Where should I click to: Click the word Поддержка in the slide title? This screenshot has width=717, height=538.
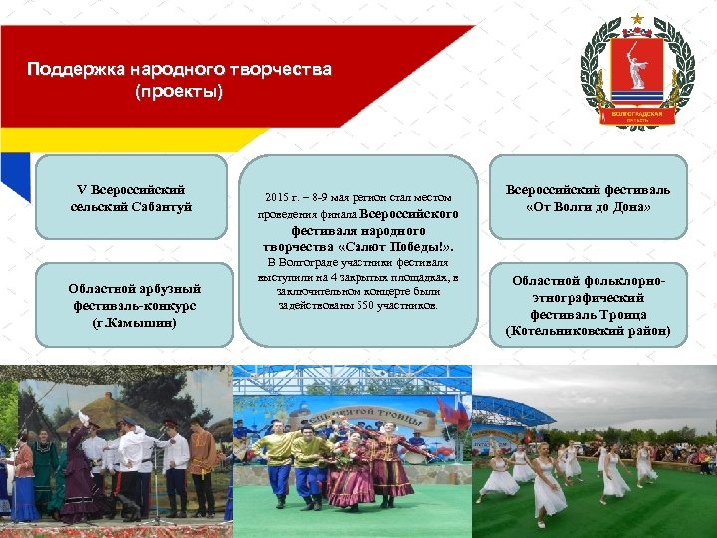(x=68, y=70)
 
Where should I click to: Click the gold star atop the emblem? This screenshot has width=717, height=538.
(x=637, y=21)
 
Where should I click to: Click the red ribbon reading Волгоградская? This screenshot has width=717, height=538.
(x=637, y=117)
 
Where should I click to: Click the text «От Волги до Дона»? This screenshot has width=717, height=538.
(x=588, y=207)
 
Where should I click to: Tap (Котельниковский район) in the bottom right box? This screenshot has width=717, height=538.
(x=588, y=330)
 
